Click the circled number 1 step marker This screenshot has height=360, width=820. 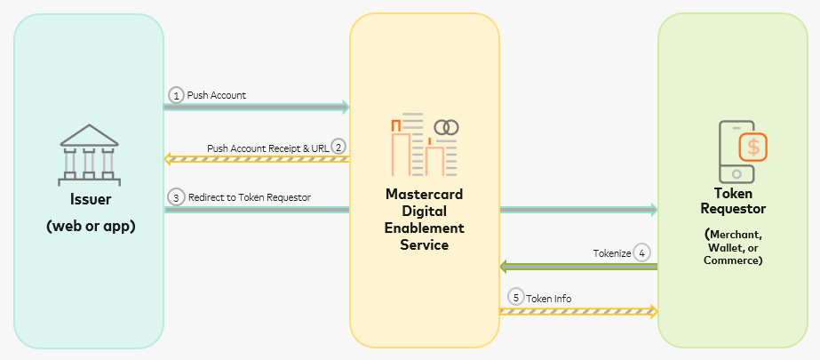tap(176, 94)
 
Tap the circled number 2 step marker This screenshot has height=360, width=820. tap(338, 147)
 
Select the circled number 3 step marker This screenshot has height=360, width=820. tap(176, 197)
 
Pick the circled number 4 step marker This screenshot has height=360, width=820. tap(642, 252)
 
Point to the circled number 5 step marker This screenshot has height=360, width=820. tap(515, 298)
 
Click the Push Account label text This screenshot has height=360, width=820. tap(216, 94)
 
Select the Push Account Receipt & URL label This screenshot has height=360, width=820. tap(267, 148)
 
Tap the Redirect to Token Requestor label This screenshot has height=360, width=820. tap(249, 197)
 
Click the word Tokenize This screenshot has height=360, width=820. tap(611, 253)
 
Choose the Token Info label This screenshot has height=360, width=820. tap(548, 299)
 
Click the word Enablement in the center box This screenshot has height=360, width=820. tap(425, 228)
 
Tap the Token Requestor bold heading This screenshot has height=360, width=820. tap(733, 200)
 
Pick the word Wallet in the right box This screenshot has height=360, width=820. tap(728, 248)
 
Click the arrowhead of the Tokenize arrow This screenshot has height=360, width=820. tap(504, 267)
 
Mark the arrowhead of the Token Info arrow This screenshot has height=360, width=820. tap(654, 311)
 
